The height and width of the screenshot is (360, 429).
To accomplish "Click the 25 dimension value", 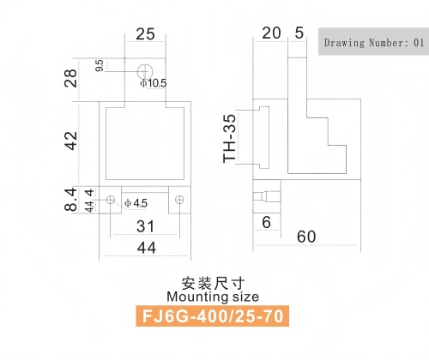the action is pos(145,34).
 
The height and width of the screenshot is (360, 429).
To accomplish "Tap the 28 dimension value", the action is pos(70,78).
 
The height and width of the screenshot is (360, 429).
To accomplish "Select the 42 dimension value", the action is pos(70,141).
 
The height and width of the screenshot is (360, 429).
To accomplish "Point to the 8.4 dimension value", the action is pos(70,199).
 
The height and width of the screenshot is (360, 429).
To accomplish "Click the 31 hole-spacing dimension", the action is pos(146,226).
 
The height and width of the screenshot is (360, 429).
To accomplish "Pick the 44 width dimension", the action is pos(147,248).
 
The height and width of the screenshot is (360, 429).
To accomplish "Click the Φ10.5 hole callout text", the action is pos(154,83).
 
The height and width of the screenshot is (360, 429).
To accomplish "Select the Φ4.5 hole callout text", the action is pos(136,203).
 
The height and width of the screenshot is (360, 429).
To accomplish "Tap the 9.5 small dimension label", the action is pos(100,65).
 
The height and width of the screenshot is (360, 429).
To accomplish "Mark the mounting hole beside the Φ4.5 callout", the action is pos(111,200).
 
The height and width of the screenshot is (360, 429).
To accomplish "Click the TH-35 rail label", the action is pos(230,139).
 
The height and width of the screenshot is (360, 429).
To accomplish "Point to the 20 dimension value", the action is pos(271,33).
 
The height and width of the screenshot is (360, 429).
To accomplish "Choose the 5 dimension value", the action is pos(299,33).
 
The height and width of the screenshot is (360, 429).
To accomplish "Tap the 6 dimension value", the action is pos(266,222).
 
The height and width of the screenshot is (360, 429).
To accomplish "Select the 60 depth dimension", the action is pos(306,237).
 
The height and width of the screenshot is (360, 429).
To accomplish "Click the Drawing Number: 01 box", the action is pos(373,42).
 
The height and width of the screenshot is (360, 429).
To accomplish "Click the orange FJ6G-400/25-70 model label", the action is pos(212,316).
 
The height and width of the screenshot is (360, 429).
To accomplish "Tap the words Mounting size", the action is pos(213,297).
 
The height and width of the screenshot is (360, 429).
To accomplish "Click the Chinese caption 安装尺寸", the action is pos(213,283).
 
